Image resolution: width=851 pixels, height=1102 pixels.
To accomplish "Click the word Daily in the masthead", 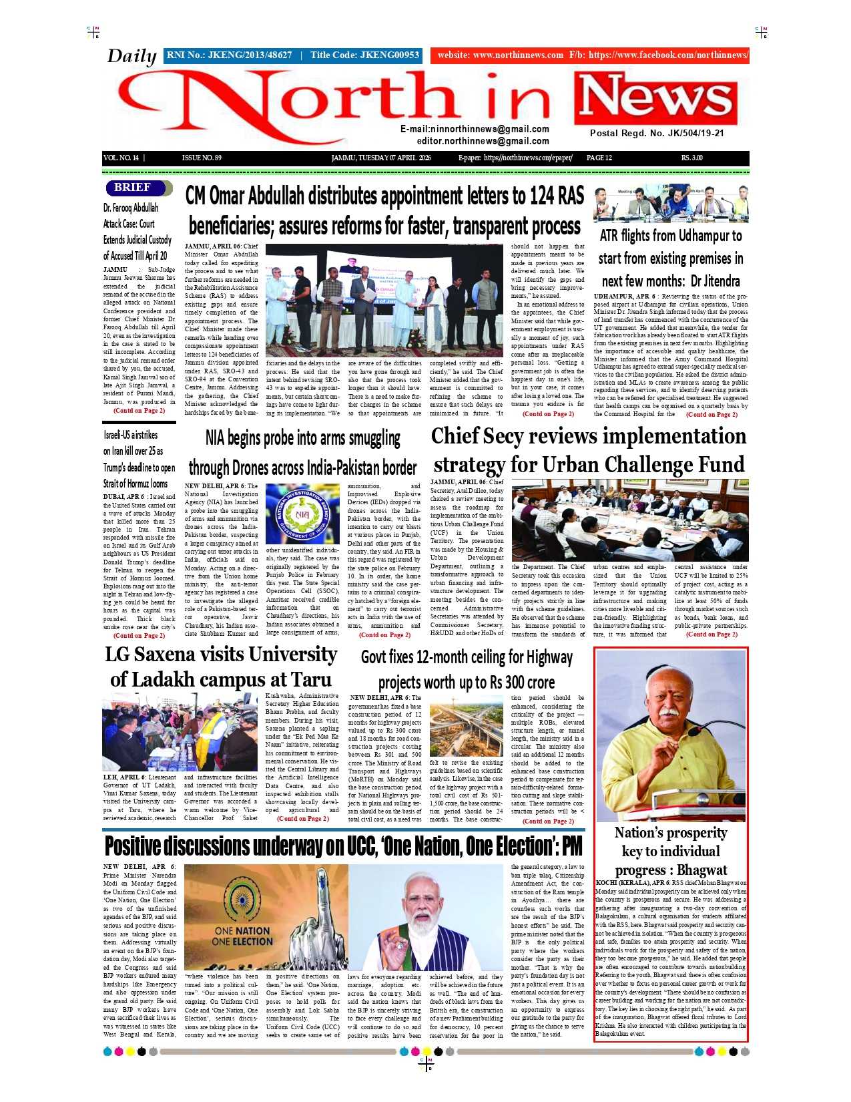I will click(131, 56).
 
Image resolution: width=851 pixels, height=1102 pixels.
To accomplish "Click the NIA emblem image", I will click(302, 514).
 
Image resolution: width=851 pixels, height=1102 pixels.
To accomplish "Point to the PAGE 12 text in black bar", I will click(599, 158).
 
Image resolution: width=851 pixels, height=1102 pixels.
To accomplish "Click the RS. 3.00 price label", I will click(691, 158).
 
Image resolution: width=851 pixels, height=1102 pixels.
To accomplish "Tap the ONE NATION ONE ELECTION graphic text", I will click(242, 935).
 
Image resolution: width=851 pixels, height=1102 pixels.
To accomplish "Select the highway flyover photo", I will click(466, 727).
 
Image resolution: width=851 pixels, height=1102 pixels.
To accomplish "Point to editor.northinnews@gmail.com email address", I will click(483, 142).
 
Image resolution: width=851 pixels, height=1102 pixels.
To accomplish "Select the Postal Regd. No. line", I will click(656, 133).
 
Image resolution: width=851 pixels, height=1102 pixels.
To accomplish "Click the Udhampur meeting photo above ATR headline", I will click(671, 204).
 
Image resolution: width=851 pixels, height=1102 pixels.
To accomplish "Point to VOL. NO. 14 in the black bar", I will click(121, 158).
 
